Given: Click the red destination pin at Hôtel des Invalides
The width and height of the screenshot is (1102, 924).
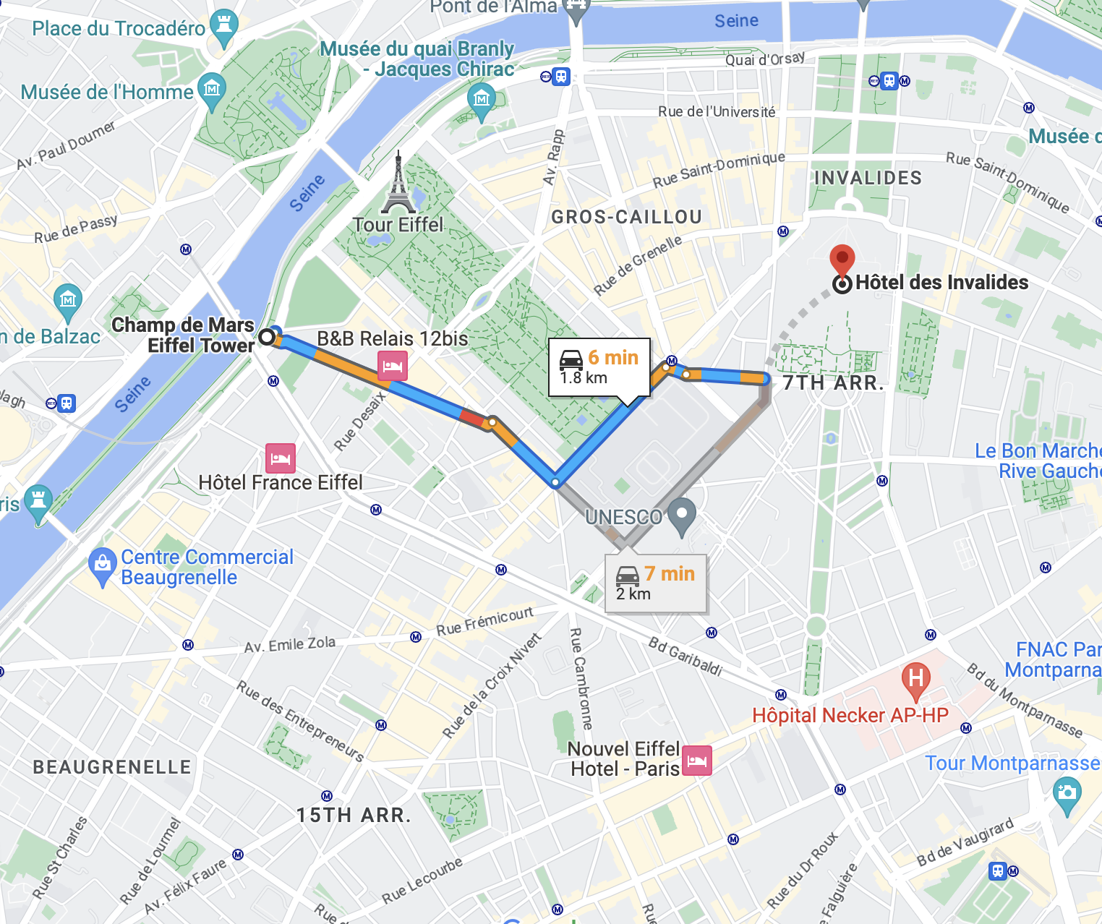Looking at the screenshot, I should [842, 259].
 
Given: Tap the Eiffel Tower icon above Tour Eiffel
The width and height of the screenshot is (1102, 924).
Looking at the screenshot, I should [398, 184].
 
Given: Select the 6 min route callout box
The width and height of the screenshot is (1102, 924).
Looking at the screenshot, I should [599, 367].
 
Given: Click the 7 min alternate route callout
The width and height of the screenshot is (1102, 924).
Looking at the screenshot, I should [655, 583].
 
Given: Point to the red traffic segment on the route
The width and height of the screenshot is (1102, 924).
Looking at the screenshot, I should [473, 416].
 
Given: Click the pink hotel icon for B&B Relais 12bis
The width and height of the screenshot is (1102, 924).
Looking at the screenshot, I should [392, 366].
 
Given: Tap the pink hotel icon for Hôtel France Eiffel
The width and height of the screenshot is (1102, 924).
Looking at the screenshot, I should [281, 458].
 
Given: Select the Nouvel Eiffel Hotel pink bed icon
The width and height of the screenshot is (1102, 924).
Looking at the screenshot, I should [697, 761].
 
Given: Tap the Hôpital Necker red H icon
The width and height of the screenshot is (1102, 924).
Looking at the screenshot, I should [915, 679].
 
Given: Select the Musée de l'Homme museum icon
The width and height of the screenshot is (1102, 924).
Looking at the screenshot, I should [212, 90].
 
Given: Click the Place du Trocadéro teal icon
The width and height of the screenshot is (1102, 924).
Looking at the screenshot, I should [223, 25].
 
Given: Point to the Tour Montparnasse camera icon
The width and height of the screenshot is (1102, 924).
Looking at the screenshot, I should [1067, 792].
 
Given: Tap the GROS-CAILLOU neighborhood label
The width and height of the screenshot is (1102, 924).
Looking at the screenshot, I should [626, 217].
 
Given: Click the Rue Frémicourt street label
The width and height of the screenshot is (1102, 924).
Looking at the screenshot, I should [484, 622].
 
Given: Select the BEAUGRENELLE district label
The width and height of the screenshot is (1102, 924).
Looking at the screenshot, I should [112, 767].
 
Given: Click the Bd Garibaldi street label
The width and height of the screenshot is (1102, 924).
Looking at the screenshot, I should [685, 656].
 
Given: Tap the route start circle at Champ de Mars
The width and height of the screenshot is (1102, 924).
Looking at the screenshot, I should [267, 337].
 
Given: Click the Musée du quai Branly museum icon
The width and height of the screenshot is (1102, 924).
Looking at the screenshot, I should [481, 98].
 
